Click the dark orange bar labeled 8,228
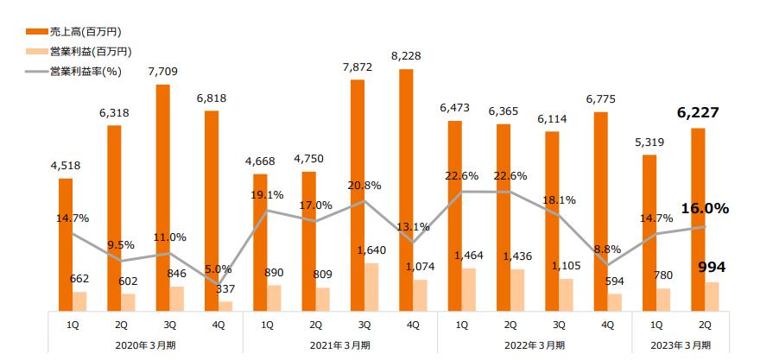[406, 189]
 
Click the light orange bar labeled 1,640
[371, 287]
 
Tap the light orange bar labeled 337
[225, 306]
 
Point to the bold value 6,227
[699, 112]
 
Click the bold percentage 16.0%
[705, 208]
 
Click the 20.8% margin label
[364, 185]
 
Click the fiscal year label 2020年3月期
[145, 344]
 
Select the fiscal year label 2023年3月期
[681, 344]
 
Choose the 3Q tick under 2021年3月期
[364, 325]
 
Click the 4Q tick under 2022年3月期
[608, 325]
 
